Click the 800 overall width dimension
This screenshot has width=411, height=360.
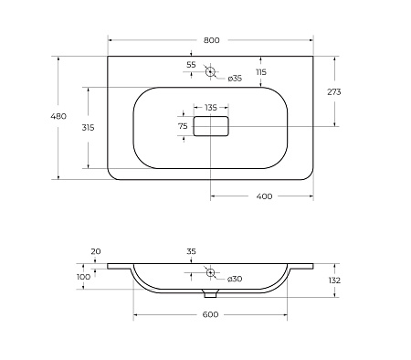(x=211, y=40)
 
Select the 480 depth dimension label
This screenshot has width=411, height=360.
(x=58, y=116)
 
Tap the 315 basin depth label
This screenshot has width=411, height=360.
(x=88, y=128)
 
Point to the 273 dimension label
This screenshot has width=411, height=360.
(x=334, y=91)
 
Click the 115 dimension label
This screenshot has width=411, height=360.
(x=261, y=72)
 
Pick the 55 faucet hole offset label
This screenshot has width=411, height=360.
(x=191, y=65)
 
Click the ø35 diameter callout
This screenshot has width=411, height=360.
(x=235, y=79)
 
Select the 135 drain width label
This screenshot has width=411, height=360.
(x=211, y=108)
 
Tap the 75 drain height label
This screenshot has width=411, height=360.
(x=183, y=126)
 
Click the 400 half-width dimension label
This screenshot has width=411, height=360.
(x=264, y=196)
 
